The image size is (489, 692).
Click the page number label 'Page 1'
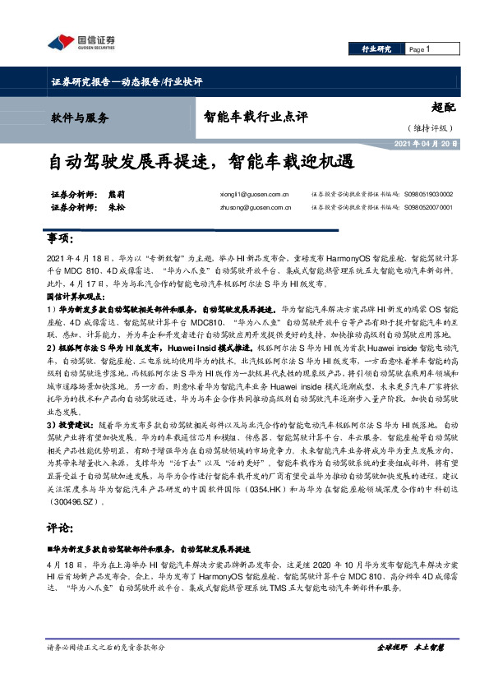point(420,50)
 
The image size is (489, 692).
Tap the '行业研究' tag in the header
point(376,50)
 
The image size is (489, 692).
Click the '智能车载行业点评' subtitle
point(256,117)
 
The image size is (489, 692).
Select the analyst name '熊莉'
point(116,195)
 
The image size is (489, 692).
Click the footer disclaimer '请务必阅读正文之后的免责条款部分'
point(106,648)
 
